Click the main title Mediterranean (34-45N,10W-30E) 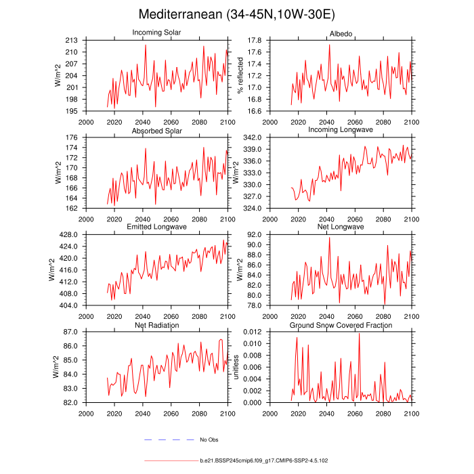click(x=236, y=14)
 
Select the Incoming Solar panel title click(x=156, y=33)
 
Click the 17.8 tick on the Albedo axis click(x=254, y=41)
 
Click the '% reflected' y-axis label click(x=240, y=76)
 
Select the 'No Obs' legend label click(x=209, y=439)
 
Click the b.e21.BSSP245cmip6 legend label click(x=264, y=460)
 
